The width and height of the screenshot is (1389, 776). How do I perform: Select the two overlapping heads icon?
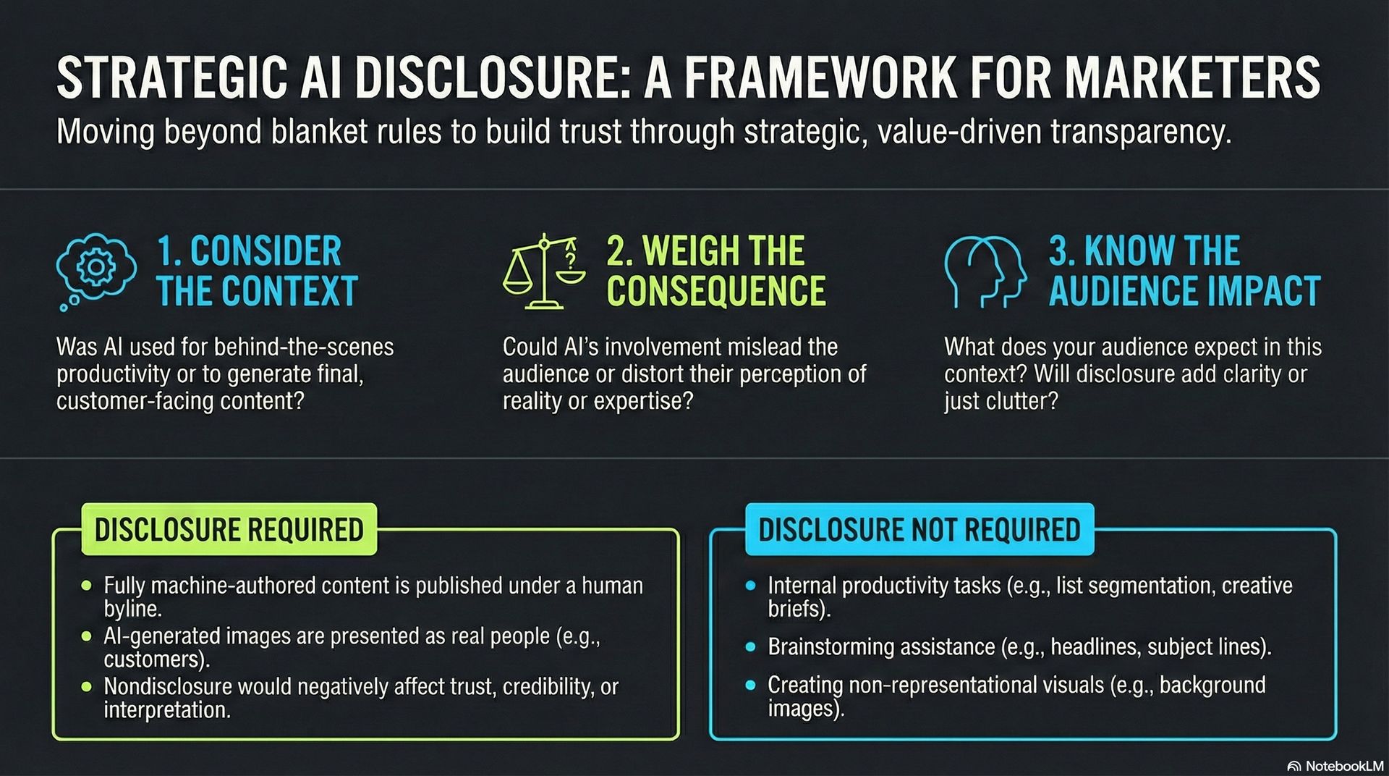pyautogui.click(x=985, y=272)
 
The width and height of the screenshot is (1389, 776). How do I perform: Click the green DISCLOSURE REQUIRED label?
pyautogui.click(x=229, y=530)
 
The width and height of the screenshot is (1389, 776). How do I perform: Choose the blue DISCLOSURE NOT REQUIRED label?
pyautogui.click(x=919, y=530)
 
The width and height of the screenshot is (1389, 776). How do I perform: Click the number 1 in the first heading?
pyautogui.click(x=166, y=251)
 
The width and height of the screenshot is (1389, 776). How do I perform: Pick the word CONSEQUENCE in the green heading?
pyautogui.click(x=715, y=291)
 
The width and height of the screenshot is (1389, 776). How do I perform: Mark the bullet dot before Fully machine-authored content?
pyautogui.click(x=87, y=585)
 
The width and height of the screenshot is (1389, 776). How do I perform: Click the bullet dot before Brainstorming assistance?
pyautogui.click(x=750, y=646)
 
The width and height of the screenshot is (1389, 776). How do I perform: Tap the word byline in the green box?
pyautogui.click(x=132, y=609)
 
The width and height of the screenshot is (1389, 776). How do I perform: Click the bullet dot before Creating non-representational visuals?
pyautogui.click(x=750, y=685)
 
